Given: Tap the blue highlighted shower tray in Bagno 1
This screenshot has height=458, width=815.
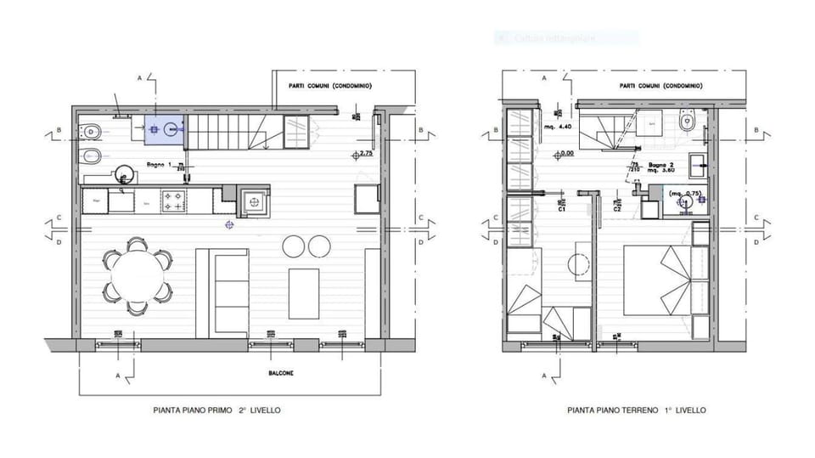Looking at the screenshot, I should pos(164,129).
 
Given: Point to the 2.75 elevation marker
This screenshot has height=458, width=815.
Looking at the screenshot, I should pos(366,154).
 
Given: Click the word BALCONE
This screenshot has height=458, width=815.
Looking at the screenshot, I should pos(272,374).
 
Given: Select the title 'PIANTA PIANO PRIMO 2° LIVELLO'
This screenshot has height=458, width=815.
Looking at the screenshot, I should pos(216,410).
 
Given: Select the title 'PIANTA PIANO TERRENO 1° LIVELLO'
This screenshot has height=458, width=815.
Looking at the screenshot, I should pos(637,410).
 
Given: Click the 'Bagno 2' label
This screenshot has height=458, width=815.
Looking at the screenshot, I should pos(661,164).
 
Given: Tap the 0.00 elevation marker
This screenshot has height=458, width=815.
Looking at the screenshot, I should pos(565,154).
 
